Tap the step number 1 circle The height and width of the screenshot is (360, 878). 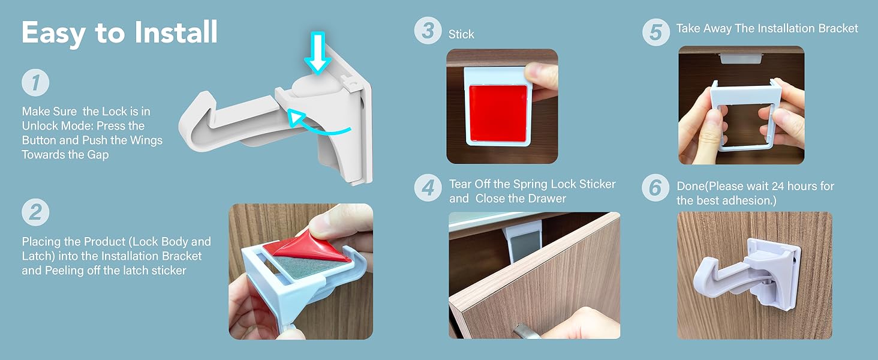click(35, 83)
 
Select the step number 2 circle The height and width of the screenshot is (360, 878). click(35, 213)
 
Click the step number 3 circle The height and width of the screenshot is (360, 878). click(428, 31)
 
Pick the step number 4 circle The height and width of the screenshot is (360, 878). click(428, 187)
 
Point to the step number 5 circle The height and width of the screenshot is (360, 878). click(656, 32)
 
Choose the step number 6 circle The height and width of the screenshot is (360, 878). click(656, 188)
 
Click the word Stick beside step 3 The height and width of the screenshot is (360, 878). click(461, 35)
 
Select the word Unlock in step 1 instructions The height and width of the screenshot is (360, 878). click(40, 126)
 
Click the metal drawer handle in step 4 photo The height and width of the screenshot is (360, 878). click(521, 330)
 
